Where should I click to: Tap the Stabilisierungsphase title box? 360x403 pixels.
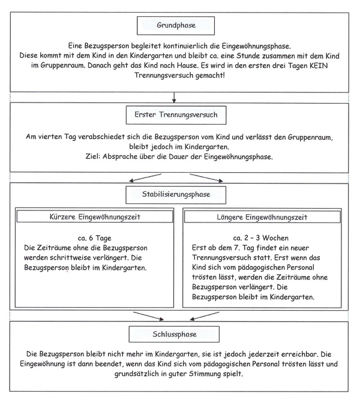(176, 194)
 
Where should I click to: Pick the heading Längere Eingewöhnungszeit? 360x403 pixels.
(262, 216)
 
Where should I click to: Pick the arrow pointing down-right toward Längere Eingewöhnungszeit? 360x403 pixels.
(207, 178)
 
